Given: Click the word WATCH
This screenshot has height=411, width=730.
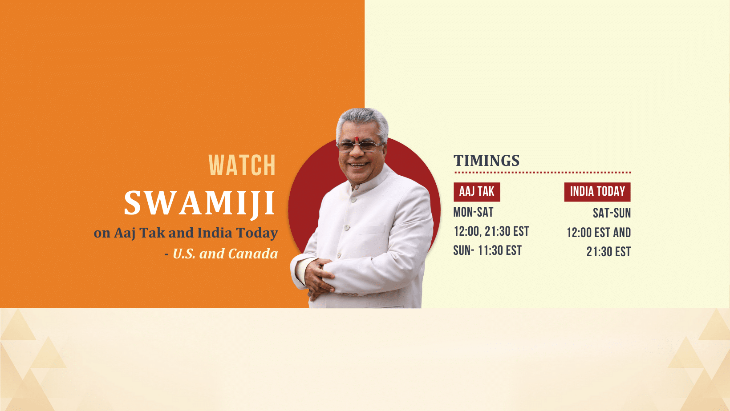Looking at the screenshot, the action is pyautogui.click(x=242, y=165).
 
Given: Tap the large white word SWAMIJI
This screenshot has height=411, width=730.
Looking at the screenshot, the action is pyautogui.click(x=199, y=203).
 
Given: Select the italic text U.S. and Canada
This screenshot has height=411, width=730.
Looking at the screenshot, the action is pyautogui.click(x=225, y=254).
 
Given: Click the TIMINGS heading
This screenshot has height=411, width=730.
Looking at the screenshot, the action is pyautogui.click(x=487, y=161).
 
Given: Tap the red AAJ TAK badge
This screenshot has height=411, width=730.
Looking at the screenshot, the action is pyautogui.click(x=477, y=192).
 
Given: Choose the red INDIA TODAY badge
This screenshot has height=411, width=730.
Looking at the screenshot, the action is pyautogui.click(x=597, y=192).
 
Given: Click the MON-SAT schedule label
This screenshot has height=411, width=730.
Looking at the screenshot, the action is pyautogui.click(x=474, y=212).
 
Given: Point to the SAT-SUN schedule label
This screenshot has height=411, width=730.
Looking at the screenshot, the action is pyautogui.click(x=612, y=213).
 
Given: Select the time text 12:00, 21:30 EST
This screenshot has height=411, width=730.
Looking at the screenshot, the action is pyautogui.click(x=491, y=232).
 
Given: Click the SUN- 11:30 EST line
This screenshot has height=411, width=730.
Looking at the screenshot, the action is pyautogui.click(x=487, y=250).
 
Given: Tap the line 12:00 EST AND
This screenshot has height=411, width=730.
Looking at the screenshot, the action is pyautogui.click(x=599, y=233).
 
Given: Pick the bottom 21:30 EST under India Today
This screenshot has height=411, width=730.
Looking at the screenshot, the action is pyautogui.click(x=609, y=252).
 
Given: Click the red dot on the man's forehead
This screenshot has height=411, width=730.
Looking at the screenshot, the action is pyautogui.click(x=357, y=139).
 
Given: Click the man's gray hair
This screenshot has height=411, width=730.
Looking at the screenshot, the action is pyautogui.click(x=362, y=121).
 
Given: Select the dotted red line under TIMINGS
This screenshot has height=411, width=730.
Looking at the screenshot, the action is pyautogui.click(x=543, y=172).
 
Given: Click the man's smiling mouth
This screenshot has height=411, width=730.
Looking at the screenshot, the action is pyautogui.click(x=358, y=165).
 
